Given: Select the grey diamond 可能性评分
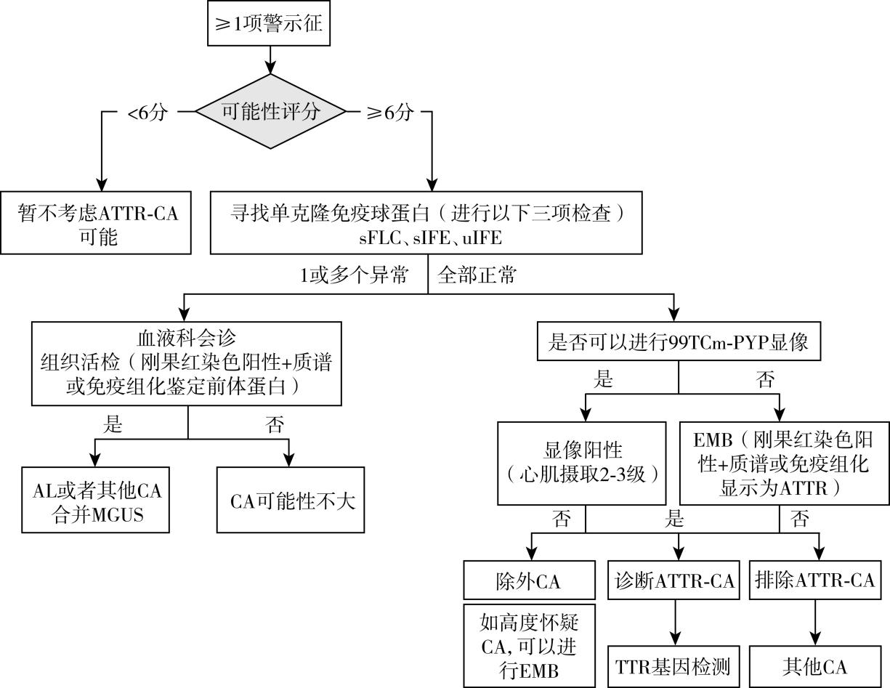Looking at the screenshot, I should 270,113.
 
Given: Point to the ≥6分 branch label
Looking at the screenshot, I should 389,113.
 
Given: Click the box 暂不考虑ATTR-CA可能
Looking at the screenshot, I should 97,223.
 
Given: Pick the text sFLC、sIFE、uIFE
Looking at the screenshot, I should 426,238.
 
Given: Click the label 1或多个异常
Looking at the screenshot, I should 353,276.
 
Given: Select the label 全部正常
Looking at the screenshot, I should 477,276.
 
